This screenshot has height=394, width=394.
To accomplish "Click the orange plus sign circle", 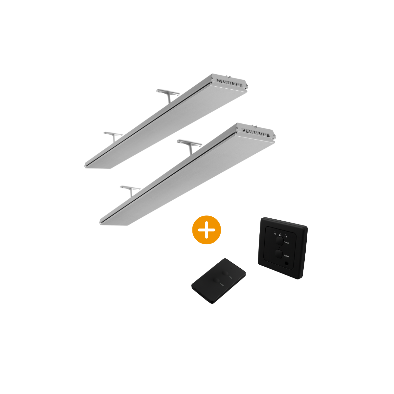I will coord(207,230).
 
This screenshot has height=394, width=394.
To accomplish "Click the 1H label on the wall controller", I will coord(275,234).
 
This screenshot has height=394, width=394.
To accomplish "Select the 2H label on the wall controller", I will coord(280,235).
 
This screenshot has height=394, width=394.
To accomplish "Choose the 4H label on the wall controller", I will coord(286,236).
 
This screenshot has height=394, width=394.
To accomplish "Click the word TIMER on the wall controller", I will coord(286,244).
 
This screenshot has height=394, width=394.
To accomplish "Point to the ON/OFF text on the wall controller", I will coord(286,255).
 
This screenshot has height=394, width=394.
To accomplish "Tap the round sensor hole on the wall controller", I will coord(287,263).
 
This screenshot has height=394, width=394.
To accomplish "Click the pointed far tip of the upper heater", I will coord(86,166).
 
